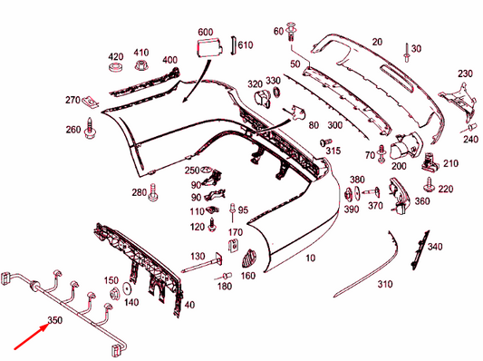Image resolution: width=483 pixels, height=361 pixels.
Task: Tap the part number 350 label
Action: pyautogui.click(x=55, y=319)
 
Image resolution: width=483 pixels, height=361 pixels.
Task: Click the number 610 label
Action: pyautogui.click(x=246, y=44)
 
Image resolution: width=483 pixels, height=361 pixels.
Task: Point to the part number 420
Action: pyautogui.click(x=115, y=55)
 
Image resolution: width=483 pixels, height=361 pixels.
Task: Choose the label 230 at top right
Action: pyautogui.click(x=465, y=73)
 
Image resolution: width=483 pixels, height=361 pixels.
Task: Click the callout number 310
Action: pyautogui.click(x=385, y=284)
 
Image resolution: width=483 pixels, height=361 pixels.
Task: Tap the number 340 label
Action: pyautogui.click(x=435, y=247)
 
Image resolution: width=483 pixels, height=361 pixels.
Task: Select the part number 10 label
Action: pyautogui.click(x=311, y=259)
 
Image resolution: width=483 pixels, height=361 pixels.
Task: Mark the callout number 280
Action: pyautogui.click(x=138, y=192)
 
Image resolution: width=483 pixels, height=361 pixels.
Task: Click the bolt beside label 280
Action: pyautogui.click(x=155, y=191)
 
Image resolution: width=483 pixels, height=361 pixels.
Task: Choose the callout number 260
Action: pyautogui.click(x=73, y=130)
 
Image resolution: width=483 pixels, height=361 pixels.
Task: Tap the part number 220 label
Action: pyautogui.click(x=445, y=189)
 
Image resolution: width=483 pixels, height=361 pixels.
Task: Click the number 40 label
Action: pyautogui.click(x=189, y=304)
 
